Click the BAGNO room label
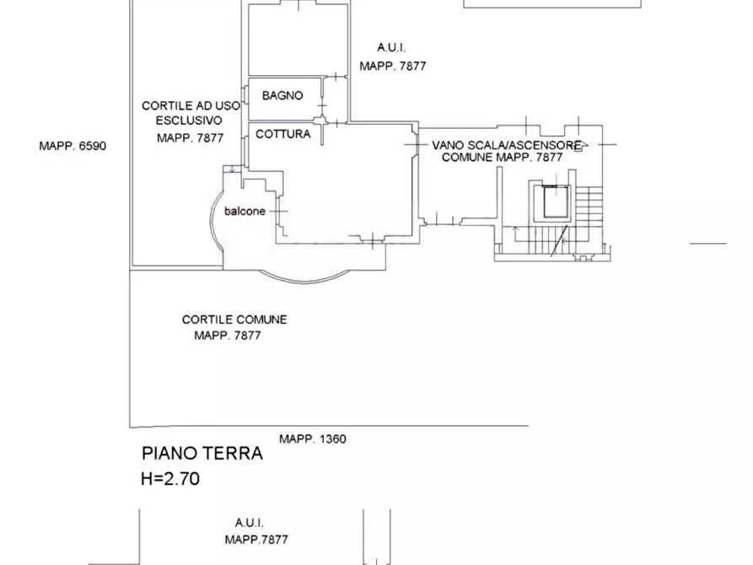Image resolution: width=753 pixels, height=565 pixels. pos(282,95)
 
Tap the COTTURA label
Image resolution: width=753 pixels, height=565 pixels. pos(282,134)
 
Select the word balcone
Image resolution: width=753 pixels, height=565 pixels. pos(245,211)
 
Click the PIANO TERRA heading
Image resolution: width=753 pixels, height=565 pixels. pos(202,453)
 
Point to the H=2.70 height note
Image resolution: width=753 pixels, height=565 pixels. pos(170,478)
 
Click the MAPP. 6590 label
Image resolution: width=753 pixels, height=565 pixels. pos(73,146)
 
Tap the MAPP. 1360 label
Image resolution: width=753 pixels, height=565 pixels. pos(313,439)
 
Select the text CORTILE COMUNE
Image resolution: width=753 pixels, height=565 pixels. pos(234,320)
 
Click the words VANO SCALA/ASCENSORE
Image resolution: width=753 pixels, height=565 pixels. pos(507,145)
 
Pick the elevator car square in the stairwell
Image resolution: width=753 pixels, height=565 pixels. pos(557,202)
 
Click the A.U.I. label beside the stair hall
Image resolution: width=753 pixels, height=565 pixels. pos(391,48)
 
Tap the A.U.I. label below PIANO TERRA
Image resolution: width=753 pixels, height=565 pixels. pos(250,523)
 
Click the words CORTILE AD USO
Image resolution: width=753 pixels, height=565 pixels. pos(191,105)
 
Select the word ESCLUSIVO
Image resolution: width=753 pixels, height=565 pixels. pos(189,121)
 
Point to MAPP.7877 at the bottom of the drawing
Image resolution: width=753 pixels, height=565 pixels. pos(256,540)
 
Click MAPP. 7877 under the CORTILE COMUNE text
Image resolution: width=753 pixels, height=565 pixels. pos(228,336)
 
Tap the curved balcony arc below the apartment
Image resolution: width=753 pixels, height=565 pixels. pos(305,282)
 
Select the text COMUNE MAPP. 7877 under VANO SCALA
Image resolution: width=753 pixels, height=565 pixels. pos(502,158)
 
